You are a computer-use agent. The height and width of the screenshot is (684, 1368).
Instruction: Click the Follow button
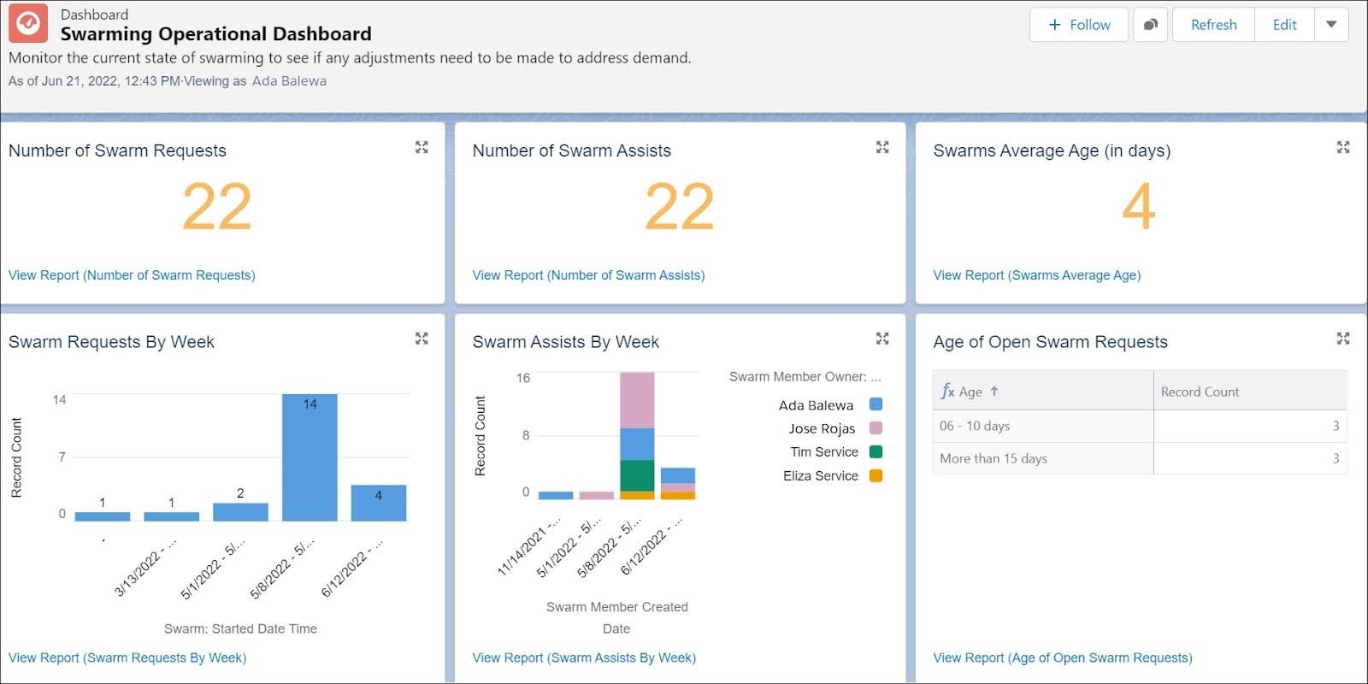(x=1079, y=25)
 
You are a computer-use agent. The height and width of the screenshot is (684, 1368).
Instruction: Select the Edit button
(x=1284, y=25)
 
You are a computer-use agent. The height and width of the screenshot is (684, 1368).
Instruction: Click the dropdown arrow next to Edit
(x=1331, y=25)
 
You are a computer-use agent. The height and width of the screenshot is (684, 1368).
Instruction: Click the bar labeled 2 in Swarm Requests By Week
(x=240, y=511)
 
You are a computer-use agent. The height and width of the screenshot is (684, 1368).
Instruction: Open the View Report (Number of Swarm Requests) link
(x=132, y=275)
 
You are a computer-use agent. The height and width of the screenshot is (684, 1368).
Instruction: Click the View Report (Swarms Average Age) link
(x=1036, y=275)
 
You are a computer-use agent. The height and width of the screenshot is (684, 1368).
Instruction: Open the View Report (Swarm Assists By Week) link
(x=584, y=657)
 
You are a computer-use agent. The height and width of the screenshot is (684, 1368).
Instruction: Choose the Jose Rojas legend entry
(x=822, y=428)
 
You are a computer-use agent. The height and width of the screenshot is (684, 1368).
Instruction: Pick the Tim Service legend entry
(x=824, y=452)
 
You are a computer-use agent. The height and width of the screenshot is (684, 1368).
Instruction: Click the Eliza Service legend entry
(x=821, y=476)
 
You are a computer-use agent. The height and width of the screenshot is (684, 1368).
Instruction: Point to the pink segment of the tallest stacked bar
(x=637, y=400)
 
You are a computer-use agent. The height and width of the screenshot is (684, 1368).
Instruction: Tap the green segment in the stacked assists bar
(x=637, y=475)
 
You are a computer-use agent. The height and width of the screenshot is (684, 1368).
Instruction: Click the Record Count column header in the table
(x=1200, y=392)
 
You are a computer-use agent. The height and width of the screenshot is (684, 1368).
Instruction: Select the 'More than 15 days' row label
(x=994, y=458)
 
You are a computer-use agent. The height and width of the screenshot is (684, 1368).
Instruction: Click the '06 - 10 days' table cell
(x=975, y=426)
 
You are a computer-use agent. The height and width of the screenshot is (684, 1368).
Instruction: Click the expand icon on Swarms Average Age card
(x=1343, y=148)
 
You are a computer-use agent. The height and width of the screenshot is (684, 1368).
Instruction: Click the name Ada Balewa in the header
(x=289, y=81)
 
